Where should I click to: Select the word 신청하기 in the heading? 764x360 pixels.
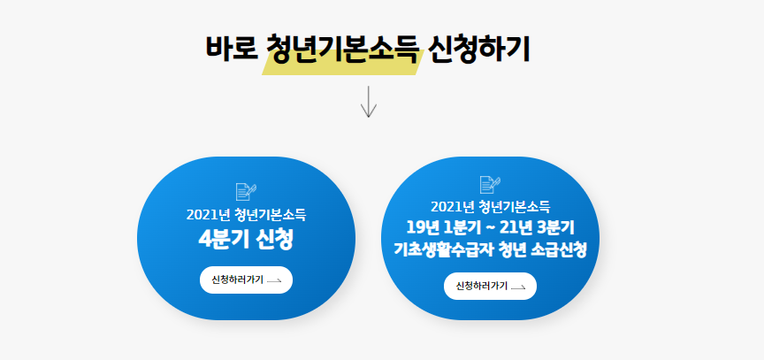[479, 48]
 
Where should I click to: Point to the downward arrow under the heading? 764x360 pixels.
[369, 100]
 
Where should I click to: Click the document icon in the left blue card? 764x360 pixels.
[246, 190]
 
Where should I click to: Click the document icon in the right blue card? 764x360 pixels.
[490, 184]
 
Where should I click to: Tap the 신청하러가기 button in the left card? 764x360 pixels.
[246, 280]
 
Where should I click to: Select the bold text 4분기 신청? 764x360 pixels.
[246, 240]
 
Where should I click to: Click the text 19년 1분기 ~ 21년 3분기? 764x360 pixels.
[490, 228]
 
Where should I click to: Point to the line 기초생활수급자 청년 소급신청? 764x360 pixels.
[490, 249]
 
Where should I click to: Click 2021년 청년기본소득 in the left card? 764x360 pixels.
[246, 214]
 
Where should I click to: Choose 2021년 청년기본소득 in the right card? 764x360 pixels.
[490, 207]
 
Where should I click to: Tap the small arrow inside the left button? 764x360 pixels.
[274, 280]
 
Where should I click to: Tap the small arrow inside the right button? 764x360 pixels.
[518, 287]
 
